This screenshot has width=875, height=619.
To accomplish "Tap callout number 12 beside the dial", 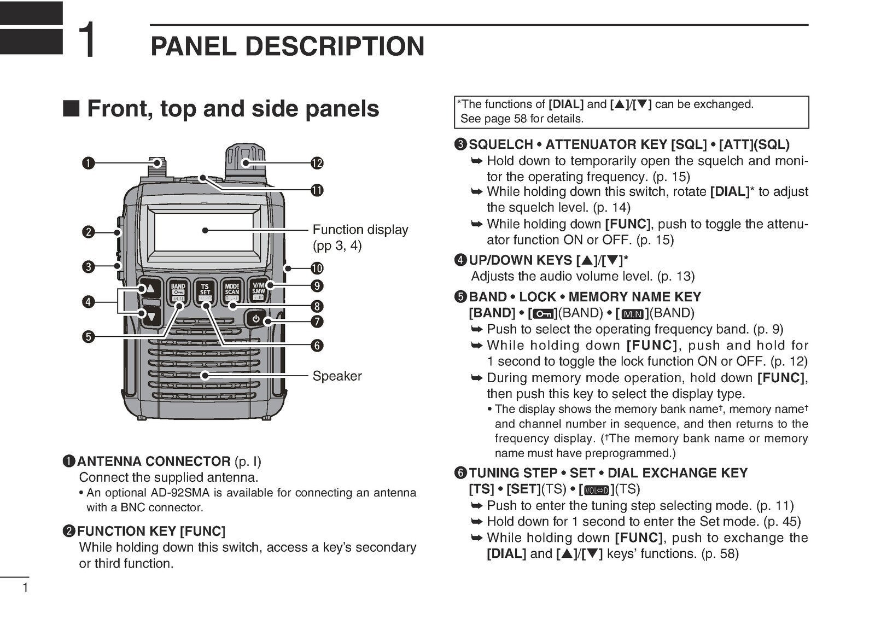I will click(x=317, y=163).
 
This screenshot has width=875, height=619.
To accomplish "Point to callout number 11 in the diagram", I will click(x=317, y=190).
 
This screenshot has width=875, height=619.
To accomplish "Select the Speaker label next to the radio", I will click(x=337, y=376).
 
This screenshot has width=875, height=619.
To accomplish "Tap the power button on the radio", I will click(x=256, y=318).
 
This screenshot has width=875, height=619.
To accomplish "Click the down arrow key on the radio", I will click(x=151, y=316).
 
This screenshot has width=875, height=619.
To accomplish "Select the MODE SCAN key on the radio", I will click(x=232, y=291).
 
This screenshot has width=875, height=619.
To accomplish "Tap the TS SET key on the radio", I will click(x=205, y=291).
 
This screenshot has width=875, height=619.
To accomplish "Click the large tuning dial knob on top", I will click(x=244, y=161).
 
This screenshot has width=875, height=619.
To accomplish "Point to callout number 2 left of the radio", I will click(x=88, y=232).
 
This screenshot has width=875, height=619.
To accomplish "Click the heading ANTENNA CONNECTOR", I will click(x=154, y=462).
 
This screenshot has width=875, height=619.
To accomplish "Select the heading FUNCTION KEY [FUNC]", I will click(x=151, y=532).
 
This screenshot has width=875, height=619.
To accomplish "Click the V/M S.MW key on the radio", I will click(x=258, y=290).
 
